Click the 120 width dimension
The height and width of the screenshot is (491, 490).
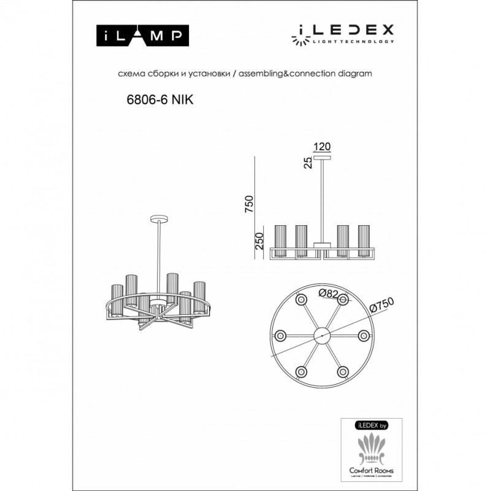(x=322, y=147)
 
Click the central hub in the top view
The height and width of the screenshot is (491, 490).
(x=321, y=336)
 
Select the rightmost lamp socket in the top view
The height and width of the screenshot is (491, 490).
(x=363, y=336)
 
